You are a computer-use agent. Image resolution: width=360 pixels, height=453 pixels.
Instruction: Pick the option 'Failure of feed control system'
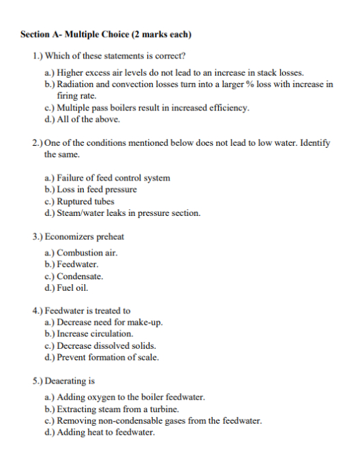click(113, 178)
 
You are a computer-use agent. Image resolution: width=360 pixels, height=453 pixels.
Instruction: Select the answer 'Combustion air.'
click(87, 253)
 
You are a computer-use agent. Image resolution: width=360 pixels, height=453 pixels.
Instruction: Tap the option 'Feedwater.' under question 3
click(78, 264)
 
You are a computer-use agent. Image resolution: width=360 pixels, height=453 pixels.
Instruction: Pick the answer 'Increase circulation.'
click(95, 334)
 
